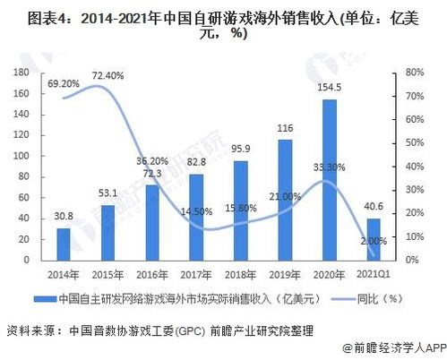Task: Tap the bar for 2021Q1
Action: pos(373,238)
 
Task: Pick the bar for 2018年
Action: pos(240,210)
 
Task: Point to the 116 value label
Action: pos(285,129)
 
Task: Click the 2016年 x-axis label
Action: pos(151,274)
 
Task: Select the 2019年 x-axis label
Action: pos(285,274)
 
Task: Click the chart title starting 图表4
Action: pos(223,24)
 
